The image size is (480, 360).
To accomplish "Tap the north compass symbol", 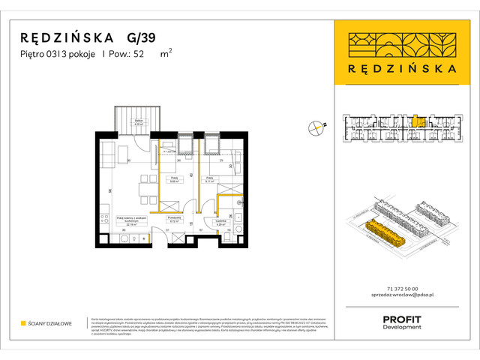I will tap(316, 128).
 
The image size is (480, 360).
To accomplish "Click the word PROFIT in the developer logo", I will tap(402, 319).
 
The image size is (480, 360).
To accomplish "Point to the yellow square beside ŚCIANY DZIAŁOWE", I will tap(23, 323).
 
